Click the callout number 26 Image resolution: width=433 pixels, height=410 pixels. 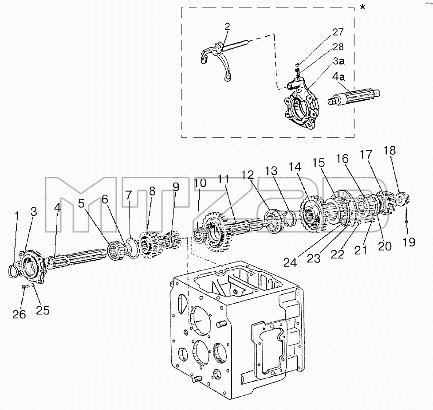(19, 314)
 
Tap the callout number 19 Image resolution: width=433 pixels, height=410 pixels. (409, 242)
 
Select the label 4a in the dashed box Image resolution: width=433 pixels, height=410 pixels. (338, 76)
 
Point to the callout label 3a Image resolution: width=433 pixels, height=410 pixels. (339, 61)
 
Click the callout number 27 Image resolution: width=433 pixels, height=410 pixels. (338, 32)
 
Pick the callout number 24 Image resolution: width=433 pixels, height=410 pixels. (290, 262)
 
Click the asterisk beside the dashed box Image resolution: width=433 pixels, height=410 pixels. (362, 7)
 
